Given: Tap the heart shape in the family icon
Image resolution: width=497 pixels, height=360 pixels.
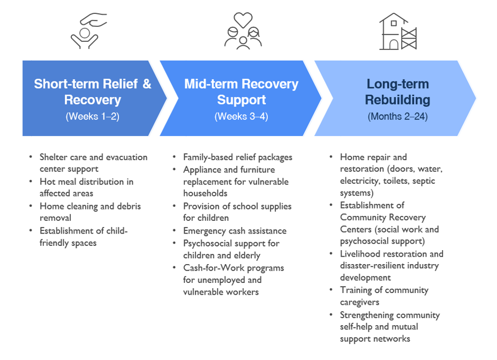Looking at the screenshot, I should click(243, 20).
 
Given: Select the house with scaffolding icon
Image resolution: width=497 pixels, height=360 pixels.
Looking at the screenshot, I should click(397, 32).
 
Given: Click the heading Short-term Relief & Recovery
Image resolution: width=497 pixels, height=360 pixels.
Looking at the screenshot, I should click(93, 92).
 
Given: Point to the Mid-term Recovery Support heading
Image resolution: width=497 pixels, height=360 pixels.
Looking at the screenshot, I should click(241, 92).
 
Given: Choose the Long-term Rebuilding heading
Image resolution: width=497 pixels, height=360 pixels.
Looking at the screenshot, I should click(397, 92).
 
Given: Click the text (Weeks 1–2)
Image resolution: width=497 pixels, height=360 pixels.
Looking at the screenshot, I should click(93, 116).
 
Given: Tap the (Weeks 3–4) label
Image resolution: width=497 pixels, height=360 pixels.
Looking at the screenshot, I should click(241, 116).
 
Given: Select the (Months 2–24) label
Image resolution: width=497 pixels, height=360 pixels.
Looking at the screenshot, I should click(397, 116).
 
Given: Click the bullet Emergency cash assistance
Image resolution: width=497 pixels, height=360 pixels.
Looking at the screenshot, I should click(235, 231).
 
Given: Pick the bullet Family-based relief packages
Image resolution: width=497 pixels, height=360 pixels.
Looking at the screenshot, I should click(237, 157).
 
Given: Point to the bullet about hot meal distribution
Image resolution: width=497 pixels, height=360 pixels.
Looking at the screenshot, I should click(86, 187).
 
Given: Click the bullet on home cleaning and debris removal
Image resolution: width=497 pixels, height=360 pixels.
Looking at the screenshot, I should click(90, 212).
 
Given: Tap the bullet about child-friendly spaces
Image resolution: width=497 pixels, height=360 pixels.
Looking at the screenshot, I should click(84, 236).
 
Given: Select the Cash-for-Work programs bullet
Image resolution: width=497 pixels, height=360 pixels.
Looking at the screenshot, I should click(234, 280).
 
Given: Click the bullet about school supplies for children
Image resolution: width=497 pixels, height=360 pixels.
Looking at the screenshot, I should click(237, 212).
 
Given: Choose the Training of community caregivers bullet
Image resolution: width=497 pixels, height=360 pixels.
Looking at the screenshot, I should click(384, 296).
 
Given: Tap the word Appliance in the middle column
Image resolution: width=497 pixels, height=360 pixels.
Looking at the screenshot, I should click(201, 169).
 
